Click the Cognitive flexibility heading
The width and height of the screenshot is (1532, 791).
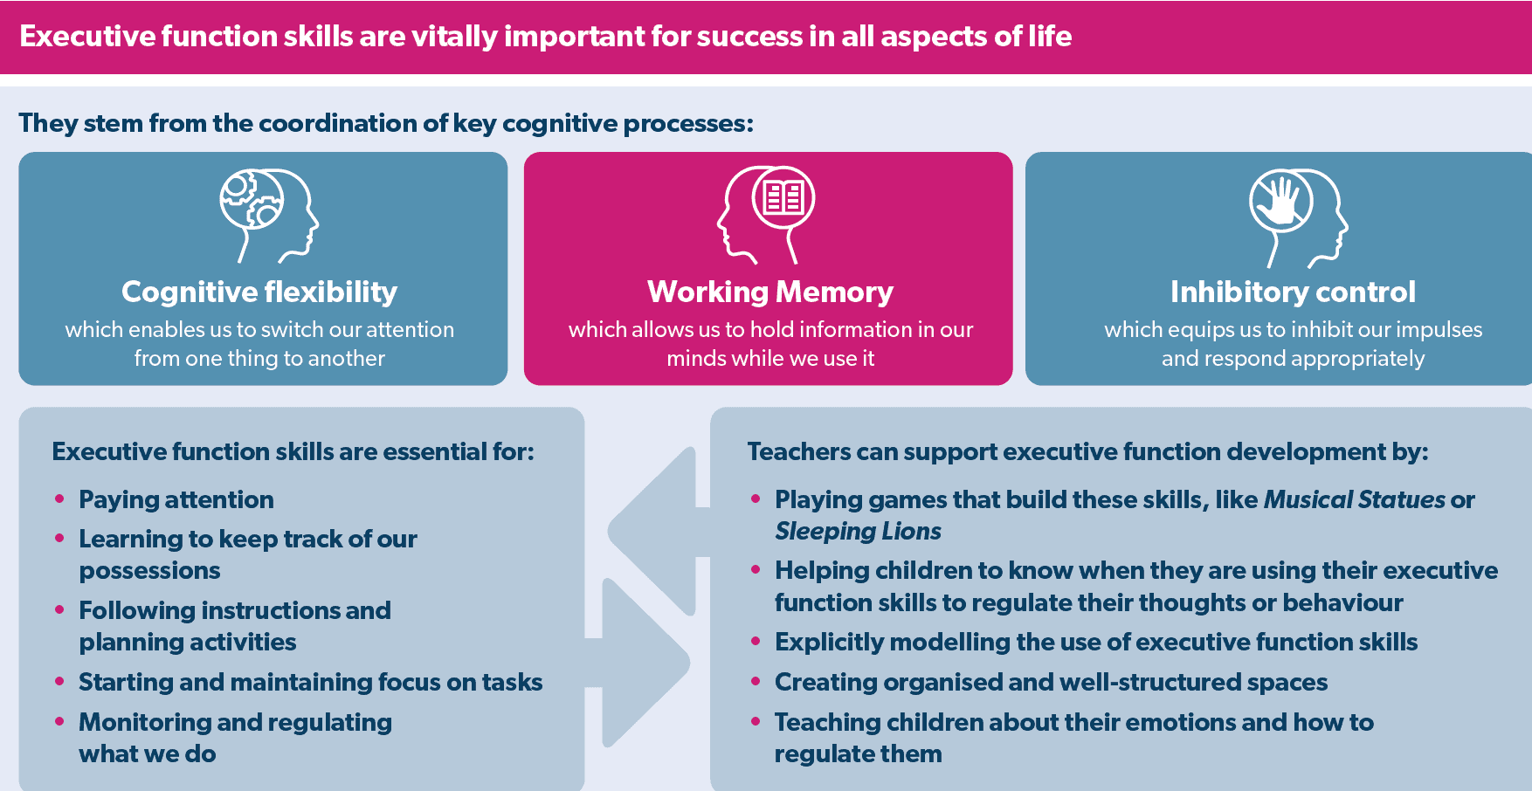click(x=259, y=292)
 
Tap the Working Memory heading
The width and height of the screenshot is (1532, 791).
click(x=769, y=292)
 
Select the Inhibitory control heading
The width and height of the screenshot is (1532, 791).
click(x=1293, y=292)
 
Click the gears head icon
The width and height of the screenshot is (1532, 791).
click(x=267, y=216)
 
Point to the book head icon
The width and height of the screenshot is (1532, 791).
click(x=767, y=214)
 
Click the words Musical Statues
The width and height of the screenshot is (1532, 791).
click(x=1354, y=499)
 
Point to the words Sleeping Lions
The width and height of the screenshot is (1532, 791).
click(x=858, y=531)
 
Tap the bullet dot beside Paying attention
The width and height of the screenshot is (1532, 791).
click(x=59, y=499)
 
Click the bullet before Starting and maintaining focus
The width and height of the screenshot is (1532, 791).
click(x=59, y=681)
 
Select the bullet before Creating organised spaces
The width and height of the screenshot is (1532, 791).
click(x=756, y=681)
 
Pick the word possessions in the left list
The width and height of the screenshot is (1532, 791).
click(x=149, y=570)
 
